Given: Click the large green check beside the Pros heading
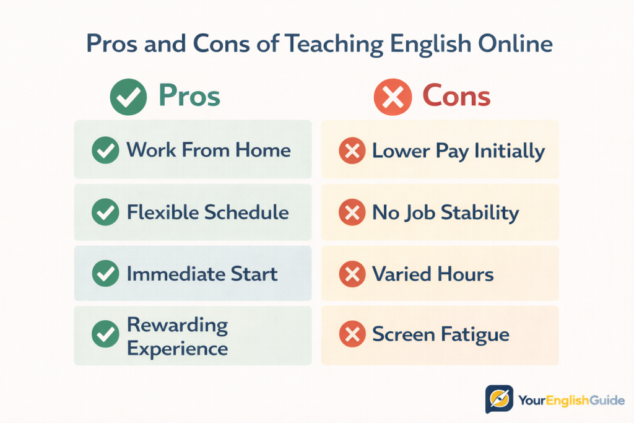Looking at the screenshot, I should coord(128,97).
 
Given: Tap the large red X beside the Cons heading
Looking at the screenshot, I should coord(393,97).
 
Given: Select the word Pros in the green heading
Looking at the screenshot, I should coord(189,96).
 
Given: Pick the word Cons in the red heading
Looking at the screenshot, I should coord(456,96).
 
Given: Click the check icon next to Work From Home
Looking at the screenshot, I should coord(105,150).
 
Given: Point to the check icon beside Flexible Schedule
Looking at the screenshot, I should coord(105,213).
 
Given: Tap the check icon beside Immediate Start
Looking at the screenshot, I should coord(105,274).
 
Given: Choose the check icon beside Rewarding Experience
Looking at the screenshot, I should coord(105,336).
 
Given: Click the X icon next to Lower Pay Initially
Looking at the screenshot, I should coord(352,151).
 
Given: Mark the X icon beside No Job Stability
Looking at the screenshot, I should coord(352,213).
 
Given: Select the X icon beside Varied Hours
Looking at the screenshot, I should coord(352,274).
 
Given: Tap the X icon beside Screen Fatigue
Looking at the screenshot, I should coord(352,336).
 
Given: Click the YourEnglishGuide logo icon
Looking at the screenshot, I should coord(499,399).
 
